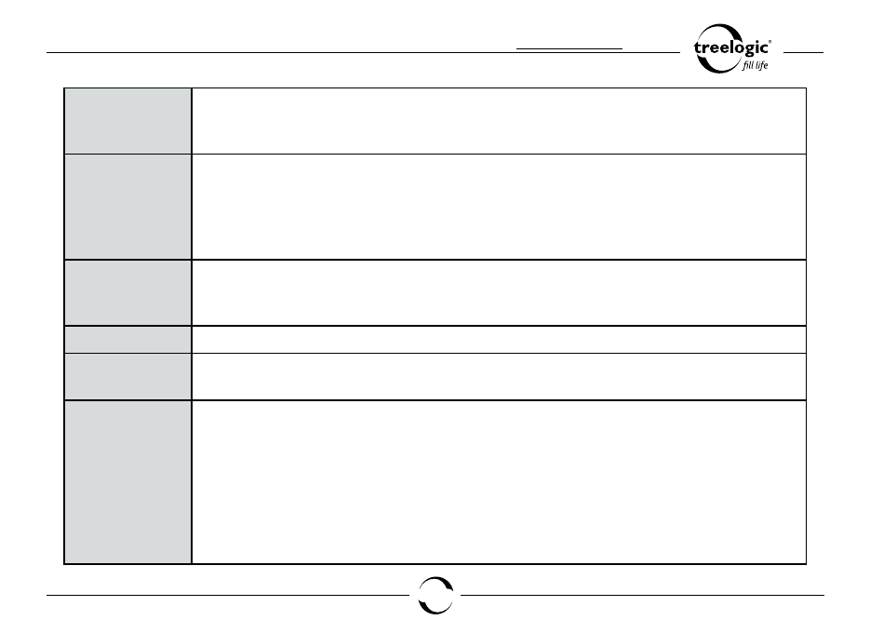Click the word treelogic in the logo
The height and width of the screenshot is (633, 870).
click(x=730, y=47)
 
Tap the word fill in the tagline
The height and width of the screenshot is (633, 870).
click(x=747, y=65)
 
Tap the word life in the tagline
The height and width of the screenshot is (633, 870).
click(x=762, y=65)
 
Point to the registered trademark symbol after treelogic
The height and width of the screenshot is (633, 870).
click(x=770, y=41)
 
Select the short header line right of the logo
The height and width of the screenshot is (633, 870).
click(x=803, y=53)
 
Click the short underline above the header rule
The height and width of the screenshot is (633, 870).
click(x=569, y=48)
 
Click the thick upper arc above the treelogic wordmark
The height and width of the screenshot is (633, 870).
click(x=719, y=28)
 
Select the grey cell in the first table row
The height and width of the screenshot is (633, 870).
click(x=128, y=121)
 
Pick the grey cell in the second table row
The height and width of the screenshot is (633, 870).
click(x=128, y=207)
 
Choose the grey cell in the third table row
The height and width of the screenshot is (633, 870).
click(x=128, y=292)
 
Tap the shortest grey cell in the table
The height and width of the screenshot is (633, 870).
click(x=128, y=339)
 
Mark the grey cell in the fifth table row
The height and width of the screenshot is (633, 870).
click(x=128, y=376)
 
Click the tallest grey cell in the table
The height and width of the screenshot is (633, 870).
click(x=128, y=482)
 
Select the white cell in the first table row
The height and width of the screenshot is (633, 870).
click(x=499, y=121)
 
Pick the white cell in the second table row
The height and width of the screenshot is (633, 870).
click(x=499, y=207)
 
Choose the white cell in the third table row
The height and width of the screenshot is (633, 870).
click(x=499, y=292)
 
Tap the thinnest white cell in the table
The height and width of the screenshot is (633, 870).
click(x=499, y=339)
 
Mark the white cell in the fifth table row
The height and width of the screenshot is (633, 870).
click(x=499, y=376)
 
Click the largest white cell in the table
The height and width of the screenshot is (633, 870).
click(x=499, y=482)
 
